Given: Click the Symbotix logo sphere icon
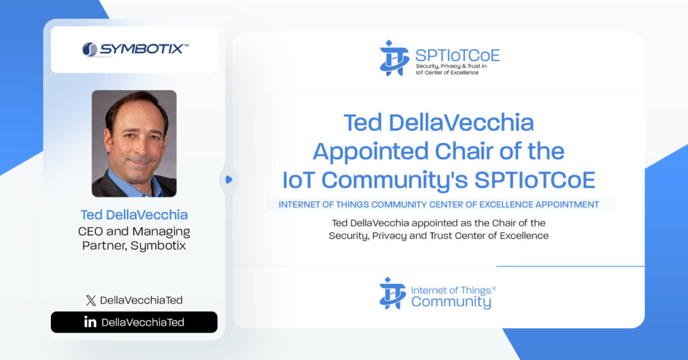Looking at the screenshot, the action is click(x=89, y=50).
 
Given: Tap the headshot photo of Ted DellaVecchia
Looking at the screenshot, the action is click(x=134, y=144).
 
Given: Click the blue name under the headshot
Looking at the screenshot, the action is click(x=134, y=215).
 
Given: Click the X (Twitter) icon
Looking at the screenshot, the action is click(x=91, y=300).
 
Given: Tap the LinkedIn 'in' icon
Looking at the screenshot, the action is click(x=90, y=322).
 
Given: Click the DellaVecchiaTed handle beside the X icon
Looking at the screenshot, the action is click(x=141, y=300).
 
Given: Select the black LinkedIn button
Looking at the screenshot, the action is click(x=134, y=322).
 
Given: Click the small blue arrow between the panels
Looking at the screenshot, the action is click(x=228, y=180).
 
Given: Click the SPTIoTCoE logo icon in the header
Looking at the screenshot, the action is click(x=394, y=58).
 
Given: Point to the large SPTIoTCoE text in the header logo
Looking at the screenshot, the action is click(x=458, y=55).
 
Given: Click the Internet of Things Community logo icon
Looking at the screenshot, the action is click(x=392, y=294).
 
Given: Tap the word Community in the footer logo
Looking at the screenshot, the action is click(x=451, y=302).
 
